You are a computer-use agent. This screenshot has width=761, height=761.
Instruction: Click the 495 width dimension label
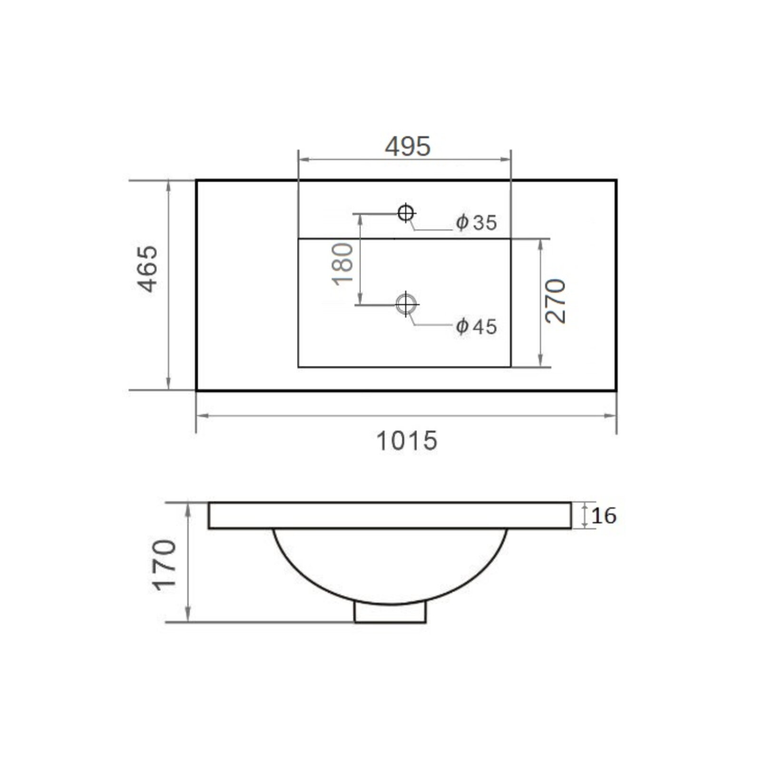point(408,146)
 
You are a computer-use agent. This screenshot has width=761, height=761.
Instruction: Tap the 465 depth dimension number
point(147,269)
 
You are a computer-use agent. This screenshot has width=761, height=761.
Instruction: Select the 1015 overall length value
point(407,441)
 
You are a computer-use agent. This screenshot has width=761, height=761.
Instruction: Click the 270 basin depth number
point(556,302)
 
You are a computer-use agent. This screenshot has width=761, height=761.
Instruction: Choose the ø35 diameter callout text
point(476,223)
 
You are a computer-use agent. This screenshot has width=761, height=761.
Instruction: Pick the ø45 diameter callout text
point(476,327)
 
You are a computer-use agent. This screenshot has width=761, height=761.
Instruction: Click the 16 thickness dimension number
point(604,516)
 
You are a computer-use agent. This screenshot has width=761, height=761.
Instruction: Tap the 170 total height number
point(165,565)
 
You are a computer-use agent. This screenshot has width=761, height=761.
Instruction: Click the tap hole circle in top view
point(406,213)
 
